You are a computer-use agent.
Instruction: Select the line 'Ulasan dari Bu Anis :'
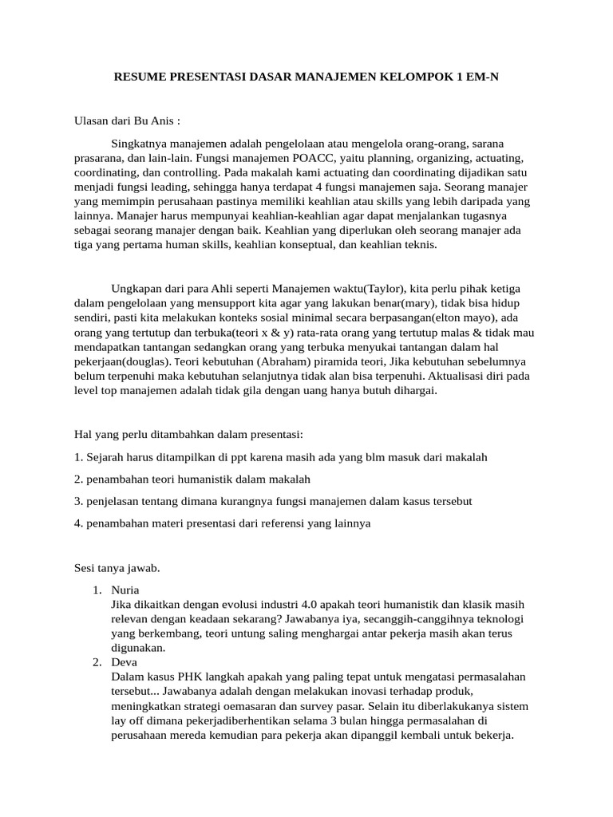point(127,121)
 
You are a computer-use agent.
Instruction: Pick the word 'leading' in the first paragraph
point(191,187)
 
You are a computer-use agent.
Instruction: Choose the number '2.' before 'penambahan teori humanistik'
point(78,480)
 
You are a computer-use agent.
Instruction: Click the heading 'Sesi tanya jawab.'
point(117,568)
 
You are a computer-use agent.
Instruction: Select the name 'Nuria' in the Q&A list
point(126,590)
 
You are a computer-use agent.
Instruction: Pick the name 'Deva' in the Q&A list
point(125,662)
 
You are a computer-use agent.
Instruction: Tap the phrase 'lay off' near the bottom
point(129,720)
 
